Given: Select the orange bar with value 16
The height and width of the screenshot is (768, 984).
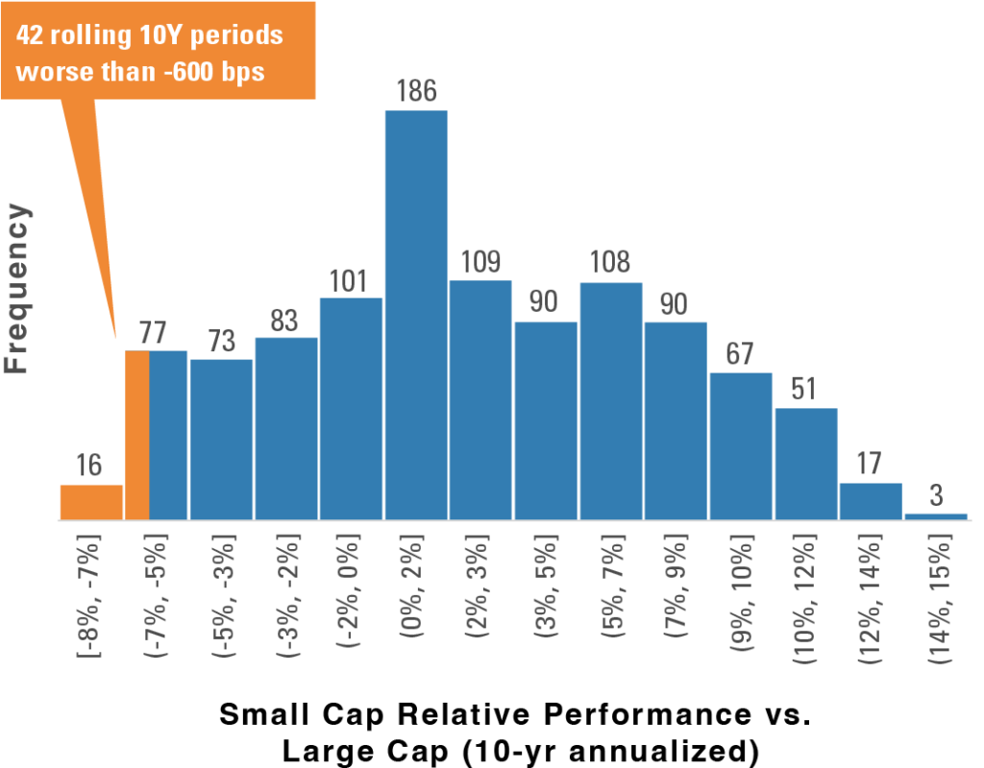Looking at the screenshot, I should pyautogui.click(x=91, y=501).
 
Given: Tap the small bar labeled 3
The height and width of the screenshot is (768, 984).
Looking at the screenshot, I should pyautogui.click(x=936, y=516).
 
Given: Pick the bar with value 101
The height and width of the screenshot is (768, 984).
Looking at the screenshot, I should pyautogui.click(x=351, y=409).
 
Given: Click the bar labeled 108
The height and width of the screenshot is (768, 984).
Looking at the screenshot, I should pyautogui.click(x=610, y=401).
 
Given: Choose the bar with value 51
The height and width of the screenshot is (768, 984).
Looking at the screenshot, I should pyautogui.click(x=805, y=464).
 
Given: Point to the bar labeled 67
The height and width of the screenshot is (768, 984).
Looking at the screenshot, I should pyautogui.click(x=740, y=446).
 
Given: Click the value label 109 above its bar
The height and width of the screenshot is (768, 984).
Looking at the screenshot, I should pyautogui.click(x=480, y=262).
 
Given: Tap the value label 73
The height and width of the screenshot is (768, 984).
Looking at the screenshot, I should pyautogui.click(x=221, y=341).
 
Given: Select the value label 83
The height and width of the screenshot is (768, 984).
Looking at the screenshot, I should pyautogui.click(x=284, y=320).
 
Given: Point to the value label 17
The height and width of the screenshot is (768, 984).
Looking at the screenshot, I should pyautogui.click(x=869, y=465).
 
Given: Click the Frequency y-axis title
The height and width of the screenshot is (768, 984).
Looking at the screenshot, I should pyautogui.click(x=16, y=288).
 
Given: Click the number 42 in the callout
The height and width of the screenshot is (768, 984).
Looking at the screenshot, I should pyautogui.click(x=30, y=36).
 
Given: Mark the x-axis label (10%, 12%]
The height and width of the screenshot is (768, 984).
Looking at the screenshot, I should pyautogui.click(x=805, y=597).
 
